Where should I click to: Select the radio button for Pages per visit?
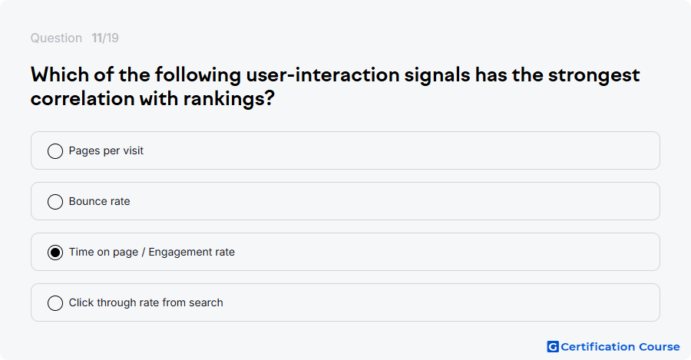point(55,151)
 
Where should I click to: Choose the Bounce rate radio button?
point(55,202)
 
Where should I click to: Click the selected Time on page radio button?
point(55,253)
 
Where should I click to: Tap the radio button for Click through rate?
point(55,303)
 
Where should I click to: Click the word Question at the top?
point(56,38)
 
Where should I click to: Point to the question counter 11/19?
point(105,38)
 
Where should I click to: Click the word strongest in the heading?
point(593,75)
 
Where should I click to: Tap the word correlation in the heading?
point(82,98)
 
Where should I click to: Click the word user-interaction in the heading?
point(322,75)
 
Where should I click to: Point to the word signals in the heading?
point(437,75)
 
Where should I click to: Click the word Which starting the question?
point(60,74)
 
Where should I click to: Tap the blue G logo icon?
point(553,347)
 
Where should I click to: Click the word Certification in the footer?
point(597,347)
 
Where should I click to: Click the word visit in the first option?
point(133,150)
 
